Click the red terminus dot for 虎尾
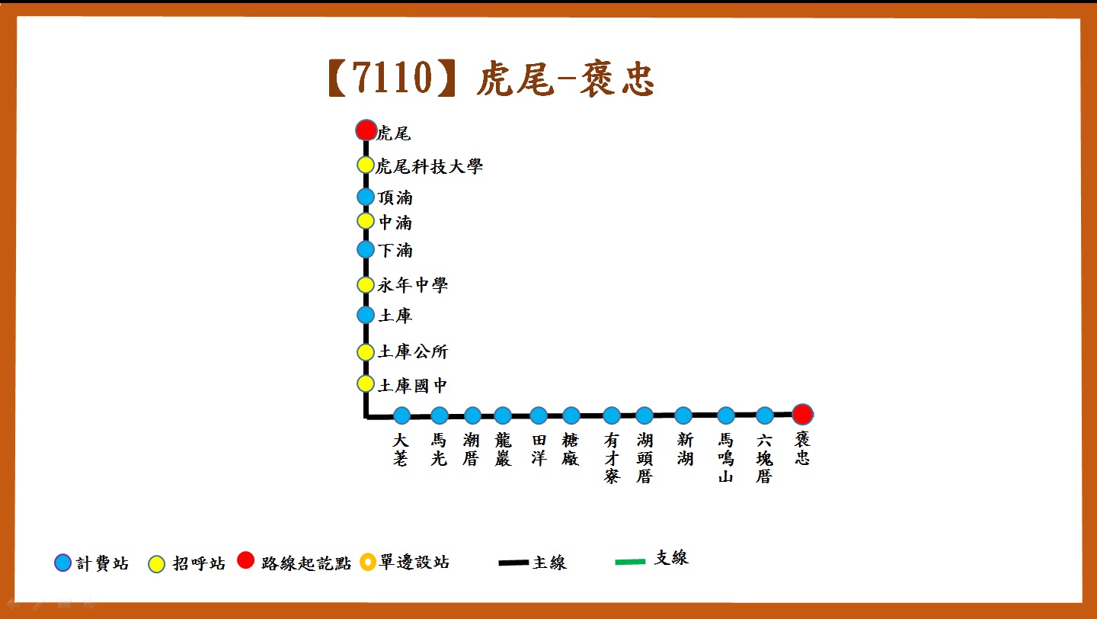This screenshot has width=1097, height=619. (366, 130)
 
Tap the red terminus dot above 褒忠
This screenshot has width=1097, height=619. (802, 414)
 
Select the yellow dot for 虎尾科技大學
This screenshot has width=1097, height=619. (366, 165)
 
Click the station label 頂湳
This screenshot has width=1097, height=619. (395, 197)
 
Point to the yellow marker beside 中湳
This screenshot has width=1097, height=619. (366, 221)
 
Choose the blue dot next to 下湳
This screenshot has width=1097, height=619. (366, 249)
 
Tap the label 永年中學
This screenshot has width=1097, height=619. (412, 285)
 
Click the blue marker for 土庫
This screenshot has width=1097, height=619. (366, 315)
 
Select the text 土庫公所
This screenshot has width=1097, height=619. (413, 351)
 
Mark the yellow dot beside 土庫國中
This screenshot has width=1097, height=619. (366, 383)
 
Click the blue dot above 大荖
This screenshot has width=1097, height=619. (401, 415)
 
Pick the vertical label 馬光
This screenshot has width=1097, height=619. (439, 449)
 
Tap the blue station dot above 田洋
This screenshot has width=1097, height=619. (538, 415)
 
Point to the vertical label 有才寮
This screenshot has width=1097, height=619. (612, 458)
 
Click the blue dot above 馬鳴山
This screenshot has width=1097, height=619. (726, 415)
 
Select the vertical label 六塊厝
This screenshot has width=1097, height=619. (765, 458)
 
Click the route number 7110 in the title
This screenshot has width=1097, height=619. (392, 78)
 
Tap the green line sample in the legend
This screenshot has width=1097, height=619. (630, 562)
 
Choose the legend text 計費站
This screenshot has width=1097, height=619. (102, 563)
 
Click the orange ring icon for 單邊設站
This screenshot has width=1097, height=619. (368, 562)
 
